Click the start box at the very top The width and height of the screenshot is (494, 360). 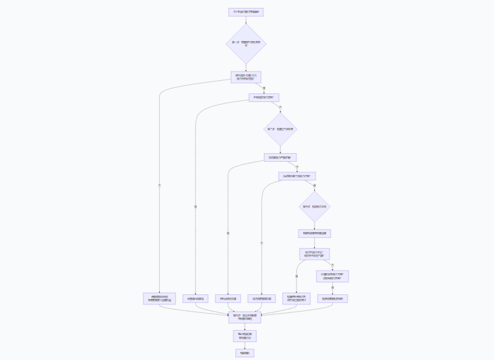pyautogui.click(x=245, y=12)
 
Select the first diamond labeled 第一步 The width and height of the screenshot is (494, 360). pyautogui.click(x=245, y=44)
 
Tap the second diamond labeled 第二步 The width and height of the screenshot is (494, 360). pyautogui.click(x=280, y=129)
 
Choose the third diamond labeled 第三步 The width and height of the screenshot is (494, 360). pyautogui.click(x=314, y=207)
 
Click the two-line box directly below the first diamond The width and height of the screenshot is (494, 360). pyautogui.click(x=245, y=77)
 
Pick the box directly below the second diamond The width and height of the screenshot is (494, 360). pyautogui.click(x=280, y=158)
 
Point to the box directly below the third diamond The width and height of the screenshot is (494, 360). pyautogui.click(x=314, y=233)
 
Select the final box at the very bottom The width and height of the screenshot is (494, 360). pyautogui.click(x=245, y=353)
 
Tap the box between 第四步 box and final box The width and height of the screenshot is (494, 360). pyautogui.click(x=245, y=336)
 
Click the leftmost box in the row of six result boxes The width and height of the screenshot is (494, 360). pyautogui.click(x=160, y=298)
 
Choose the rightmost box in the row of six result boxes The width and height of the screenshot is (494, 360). pyautogui.click(x=332, y=298)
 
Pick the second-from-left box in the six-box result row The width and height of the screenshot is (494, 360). pyautogui.click(x=196, y=298)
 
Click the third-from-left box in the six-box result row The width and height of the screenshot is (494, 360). pyautogui.click(x=227, y=298)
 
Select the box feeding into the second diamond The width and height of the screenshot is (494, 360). pyautogui.click(x=263, y=97)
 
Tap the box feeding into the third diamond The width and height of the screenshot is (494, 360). pyautogui.click(x=297, y=176)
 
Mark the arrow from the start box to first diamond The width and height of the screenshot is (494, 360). pyautogui.click(x=245, y=20)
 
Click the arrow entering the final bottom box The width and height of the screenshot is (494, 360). pyautogui.click(x=245, y=345)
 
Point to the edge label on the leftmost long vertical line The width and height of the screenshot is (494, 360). pyautogui.click(x=160, y=184)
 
